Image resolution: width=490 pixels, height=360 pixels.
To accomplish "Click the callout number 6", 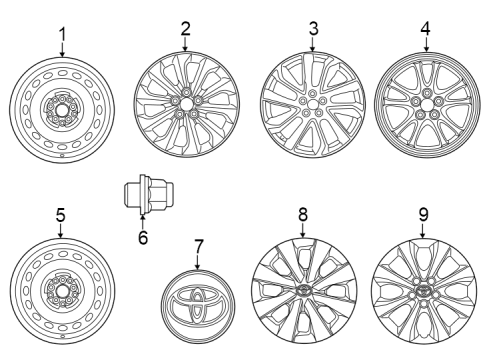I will click(142, 237).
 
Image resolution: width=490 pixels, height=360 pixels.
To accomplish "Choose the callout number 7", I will click(198, 245).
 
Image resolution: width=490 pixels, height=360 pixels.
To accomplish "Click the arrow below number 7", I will click(198, 263).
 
